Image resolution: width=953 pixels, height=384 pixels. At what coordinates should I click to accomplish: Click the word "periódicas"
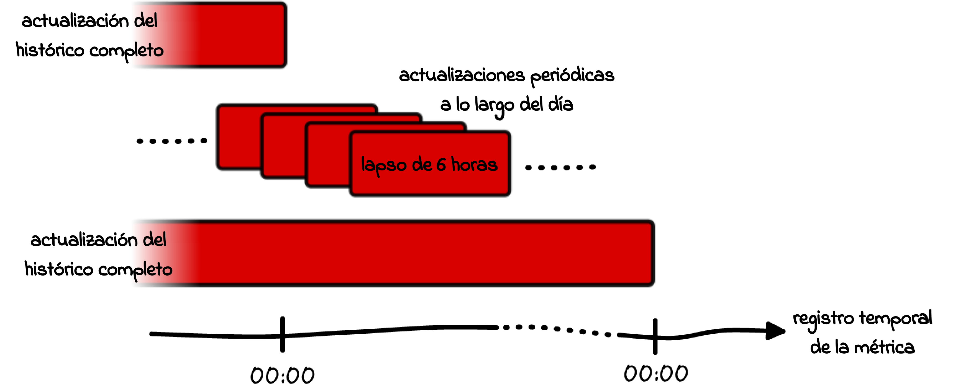tap(572, 76)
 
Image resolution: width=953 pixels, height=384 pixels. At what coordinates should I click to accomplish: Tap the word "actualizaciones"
tap(462, 76)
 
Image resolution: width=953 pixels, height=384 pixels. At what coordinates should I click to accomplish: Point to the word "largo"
tap(494, 105)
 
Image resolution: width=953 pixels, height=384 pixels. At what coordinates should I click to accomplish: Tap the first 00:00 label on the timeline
tap(282, 375)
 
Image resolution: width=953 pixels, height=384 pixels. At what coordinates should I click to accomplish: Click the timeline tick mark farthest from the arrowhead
tap(282, 334)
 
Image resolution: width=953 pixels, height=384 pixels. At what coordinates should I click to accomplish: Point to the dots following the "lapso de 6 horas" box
tap(560, 167)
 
